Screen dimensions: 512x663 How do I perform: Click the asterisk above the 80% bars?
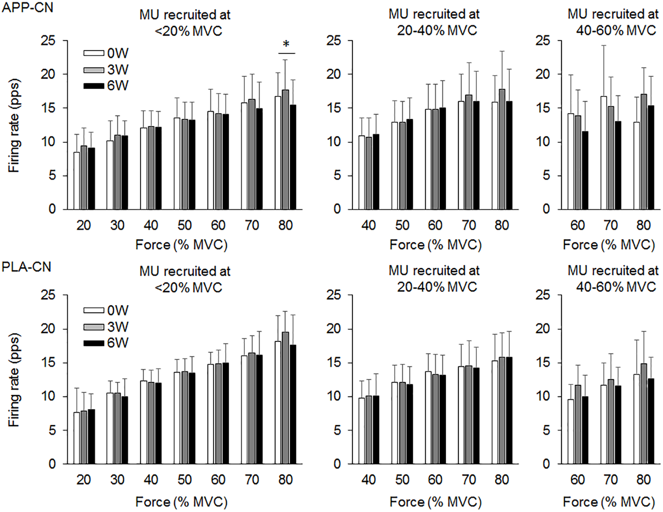pyautogui.click(x=286, y=44)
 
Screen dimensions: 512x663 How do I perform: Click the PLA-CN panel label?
pyautogui.click(x=27, y=267)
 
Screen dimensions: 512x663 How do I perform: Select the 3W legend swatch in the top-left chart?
pyautogui.click(x=94, y=70)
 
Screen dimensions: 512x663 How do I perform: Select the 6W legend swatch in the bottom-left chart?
pyautogui.click(x=94, y=343)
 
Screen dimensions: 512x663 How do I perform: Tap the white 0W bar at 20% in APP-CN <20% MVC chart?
pyautogui.click(x=77, y=181)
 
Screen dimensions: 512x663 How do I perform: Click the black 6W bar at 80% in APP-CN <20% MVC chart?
pyautogui.click(x=293, y=157)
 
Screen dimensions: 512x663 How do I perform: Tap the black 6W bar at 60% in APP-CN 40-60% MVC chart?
pyautogui.click(x=585, y=170)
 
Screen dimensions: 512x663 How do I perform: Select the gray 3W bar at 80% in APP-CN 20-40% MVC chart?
pyautogui.click(x=502, y=150)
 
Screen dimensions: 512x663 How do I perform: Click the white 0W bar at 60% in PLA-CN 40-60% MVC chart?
pyautogui.click(x=571, y=432)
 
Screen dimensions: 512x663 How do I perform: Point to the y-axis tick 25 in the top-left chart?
pyautogui.click(x=48, y=41)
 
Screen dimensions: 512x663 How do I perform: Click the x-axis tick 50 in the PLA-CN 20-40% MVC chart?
pyautogui.click(x=402, y=480)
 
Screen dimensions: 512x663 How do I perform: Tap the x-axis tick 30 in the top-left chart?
pyautogui.click(x=117, y=225)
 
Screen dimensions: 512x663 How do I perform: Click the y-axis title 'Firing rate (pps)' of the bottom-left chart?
pyautogui.click(x=14, y=380)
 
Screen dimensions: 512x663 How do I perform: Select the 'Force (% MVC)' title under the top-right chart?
pyautogui.click(x=609, y=245)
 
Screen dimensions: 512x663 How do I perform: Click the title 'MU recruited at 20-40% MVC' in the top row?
pyautogui.click(x=434, y=22)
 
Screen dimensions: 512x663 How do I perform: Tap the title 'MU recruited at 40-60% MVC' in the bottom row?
pyautogui.click(x=613, y=279)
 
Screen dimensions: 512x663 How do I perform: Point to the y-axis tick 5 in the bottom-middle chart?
pyautogui.click(x=337, y=430)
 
